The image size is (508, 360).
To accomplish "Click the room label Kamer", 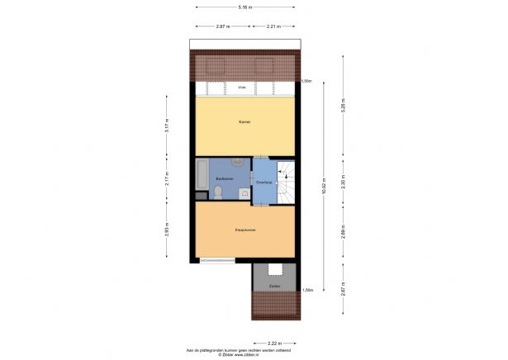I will [x=245, y=121].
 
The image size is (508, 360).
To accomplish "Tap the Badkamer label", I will [x=223, y=178].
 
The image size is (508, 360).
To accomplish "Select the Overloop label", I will [x=264, y=182].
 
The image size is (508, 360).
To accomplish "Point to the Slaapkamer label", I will [x=245, y=230].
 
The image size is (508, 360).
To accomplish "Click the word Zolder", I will [x=274, y=287].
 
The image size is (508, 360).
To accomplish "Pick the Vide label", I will [x=243, y=87].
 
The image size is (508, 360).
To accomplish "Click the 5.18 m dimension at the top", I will [x=245, y=7].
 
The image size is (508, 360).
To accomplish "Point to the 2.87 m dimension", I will [x=222, y=26].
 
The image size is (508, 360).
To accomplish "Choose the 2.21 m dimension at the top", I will [x=276, y=26].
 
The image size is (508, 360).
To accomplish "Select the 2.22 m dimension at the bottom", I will [x=275, y=342].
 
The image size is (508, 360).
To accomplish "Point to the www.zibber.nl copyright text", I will [x=245, y=354].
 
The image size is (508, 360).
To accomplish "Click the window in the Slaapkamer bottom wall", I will [x=217, y=261].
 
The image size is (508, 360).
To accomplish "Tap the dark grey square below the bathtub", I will [x=201, y=195].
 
